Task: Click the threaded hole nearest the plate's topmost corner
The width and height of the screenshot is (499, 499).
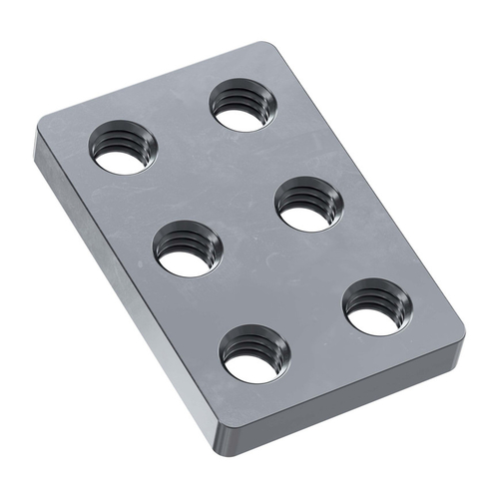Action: (243, 106)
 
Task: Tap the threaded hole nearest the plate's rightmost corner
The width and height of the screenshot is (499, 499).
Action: (376, 307)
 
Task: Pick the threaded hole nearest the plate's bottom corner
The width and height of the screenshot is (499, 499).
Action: (254, 355)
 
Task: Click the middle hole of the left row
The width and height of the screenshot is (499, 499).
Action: (189, 249)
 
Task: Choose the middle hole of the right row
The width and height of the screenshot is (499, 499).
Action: (309, 204)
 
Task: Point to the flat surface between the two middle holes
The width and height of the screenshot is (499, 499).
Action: (249, 228)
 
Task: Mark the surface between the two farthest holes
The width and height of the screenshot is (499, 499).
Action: (184, 127)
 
